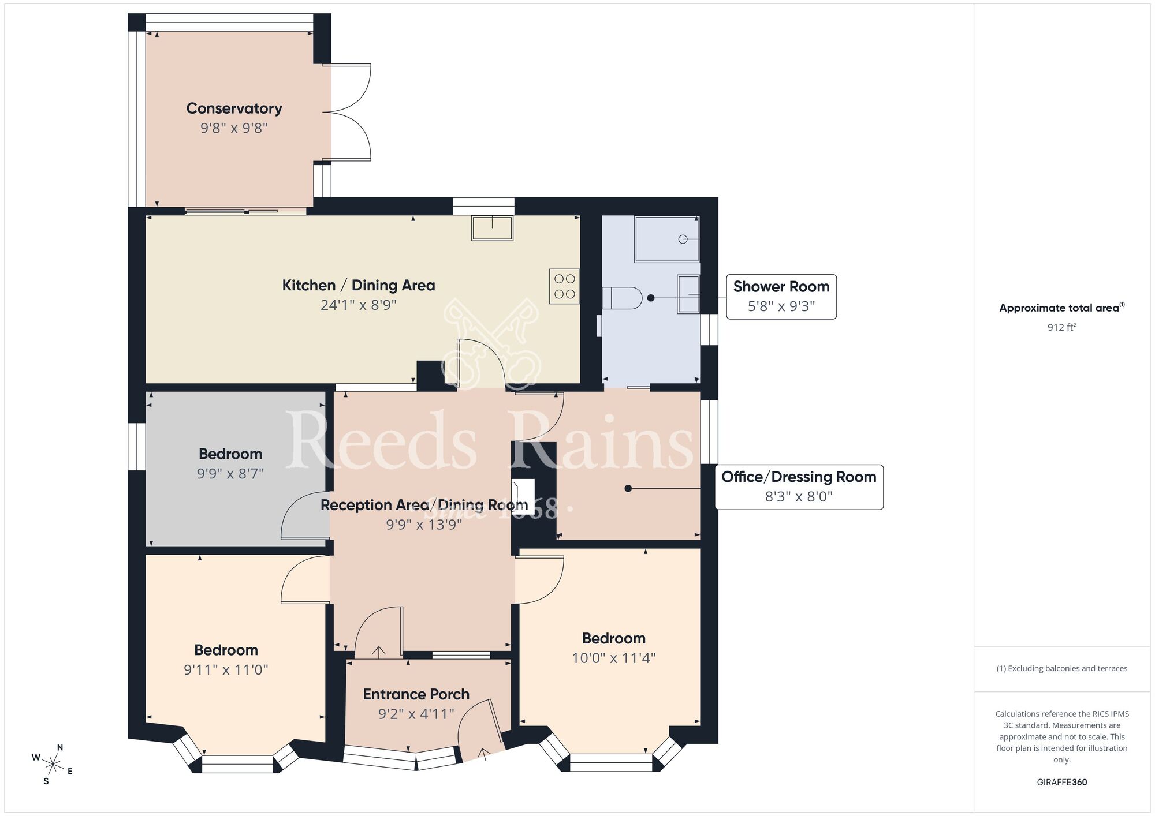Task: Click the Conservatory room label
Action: [x=234, y=108]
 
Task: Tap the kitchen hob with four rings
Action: [x=564, y=286]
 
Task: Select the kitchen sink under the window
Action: [x=492, y=228]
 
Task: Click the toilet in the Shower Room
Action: [x=621, y=298]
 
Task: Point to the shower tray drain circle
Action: [x=683, y=239]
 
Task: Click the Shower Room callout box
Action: [x=781, y=296]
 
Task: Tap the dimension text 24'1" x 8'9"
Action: [x=358, y=305]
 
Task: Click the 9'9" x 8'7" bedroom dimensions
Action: [x=230, y=474]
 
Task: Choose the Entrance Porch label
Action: [x=416, y=694]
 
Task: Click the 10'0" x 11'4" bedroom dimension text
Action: [x=613, y=658]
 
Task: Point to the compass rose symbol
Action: [x=53, y=765]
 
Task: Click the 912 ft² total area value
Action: [x=1061, y=327]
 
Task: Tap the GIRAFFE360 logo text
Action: [x=1061, y=783]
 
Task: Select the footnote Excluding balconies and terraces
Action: [x=1061, y=668]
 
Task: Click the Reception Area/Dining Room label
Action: [x=424, y=505]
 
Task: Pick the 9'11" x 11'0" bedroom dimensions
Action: [x=226, y=670]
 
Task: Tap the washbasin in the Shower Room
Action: [x=688, y=294]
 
